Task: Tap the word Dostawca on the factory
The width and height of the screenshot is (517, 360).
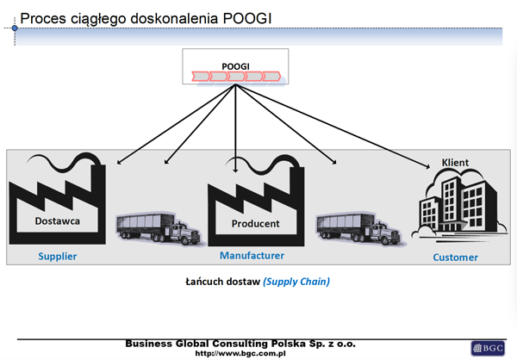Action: point(56,220)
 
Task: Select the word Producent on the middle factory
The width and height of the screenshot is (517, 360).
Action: point(255,224)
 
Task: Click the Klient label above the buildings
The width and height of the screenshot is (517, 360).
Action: point(455,163)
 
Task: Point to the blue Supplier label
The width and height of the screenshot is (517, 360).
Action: point(57,257)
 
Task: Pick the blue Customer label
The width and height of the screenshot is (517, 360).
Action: point(455,258)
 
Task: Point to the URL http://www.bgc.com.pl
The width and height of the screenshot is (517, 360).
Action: point(240,353)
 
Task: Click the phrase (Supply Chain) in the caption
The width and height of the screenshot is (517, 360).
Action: point(296,282)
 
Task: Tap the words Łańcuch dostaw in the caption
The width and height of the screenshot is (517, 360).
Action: point(222,282)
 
